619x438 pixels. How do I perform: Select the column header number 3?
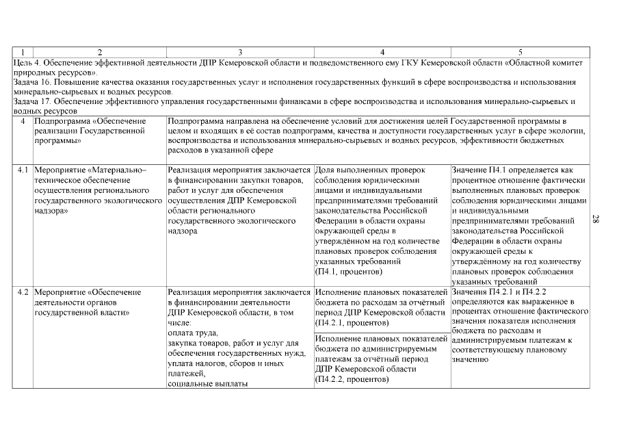click(x=239, y=52)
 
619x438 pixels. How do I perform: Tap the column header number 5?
click(x=521, y=52)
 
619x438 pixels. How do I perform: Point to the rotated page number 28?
click(x=596, y=219)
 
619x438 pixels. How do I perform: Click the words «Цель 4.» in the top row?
click(x=29, y=62)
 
